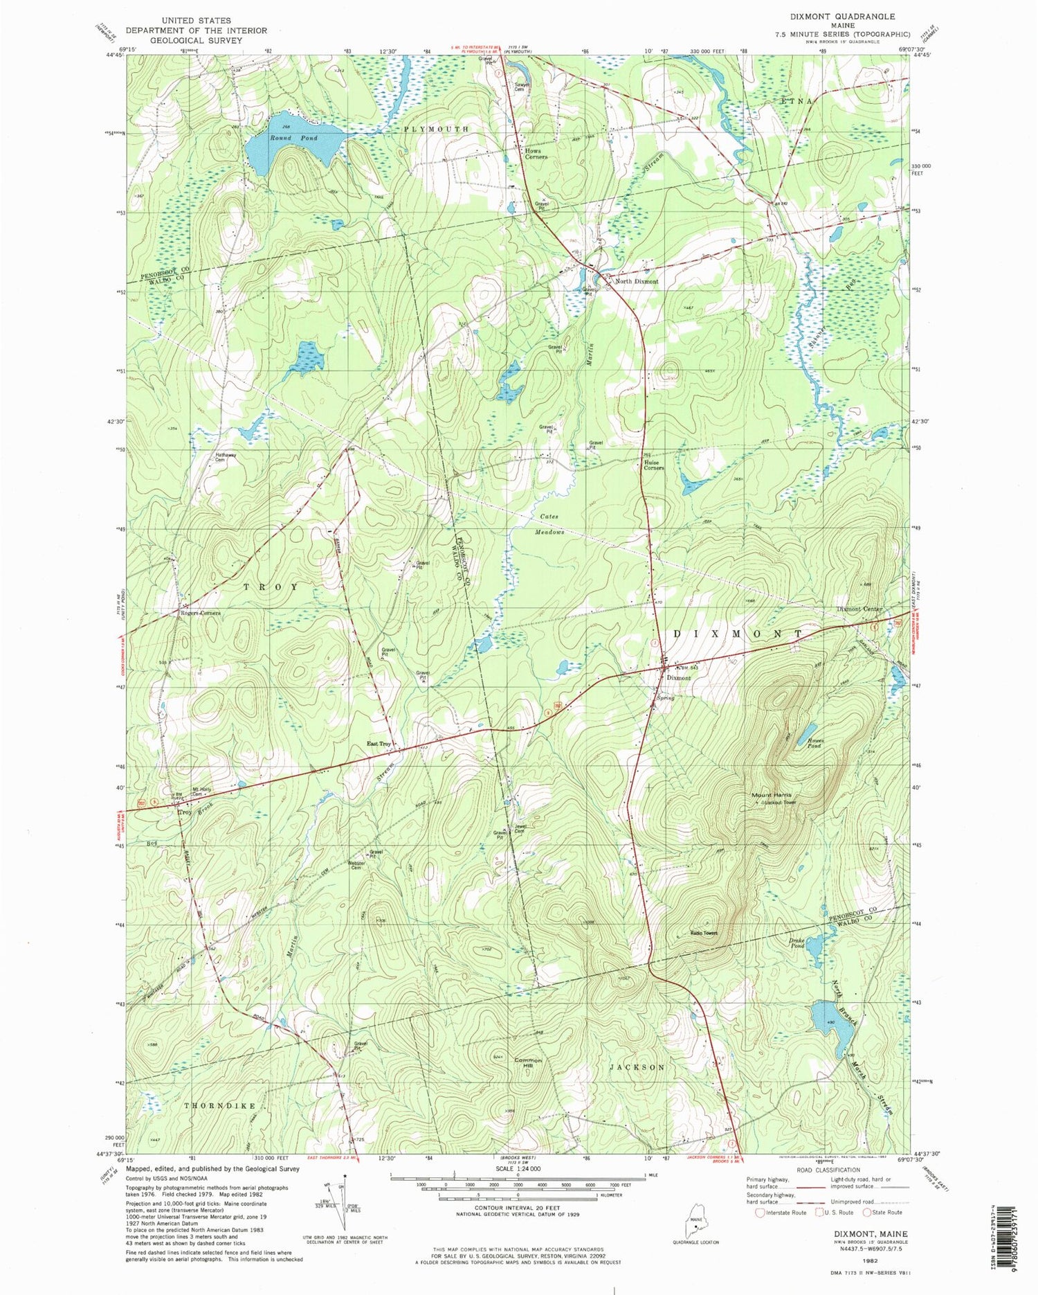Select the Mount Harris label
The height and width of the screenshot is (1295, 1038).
(x=772, y=795)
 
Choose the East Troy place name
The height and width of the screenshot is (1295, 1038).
(x=379, y=744)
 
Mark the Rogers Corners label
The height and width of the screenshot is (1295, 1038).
(x=200, y=614)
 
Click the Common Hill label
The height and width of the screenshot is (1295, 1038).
(x=527, y=1064)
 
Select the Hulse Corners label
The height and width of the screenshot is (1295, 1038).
(x=653, y=465)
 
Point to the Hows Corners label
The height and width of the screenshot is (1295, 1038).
(x=536, y=154)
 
